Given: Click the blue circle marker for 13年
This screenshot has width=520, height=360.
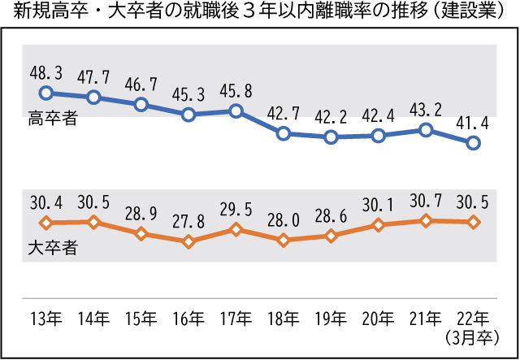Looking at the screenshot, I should (45, 93).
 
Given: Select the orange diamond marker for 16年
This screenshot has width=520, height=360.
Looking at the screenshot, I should (188, 241).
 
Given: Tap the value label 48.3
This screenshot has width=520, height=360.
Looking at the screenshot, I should (45, 72).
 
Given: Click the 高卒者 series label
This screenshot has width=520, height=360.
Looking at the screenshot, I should (53, 119).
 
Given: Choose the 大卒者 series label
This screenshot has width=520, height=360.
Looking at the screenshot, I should (53, 248).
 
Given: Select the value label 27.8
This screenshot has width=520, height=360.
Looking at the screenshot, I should (188, 219).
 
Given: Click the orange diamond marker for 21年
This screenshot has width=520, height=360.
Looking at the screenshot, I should (426, 220).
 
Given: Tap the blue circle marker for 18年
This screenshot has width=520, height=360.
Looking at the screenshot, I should (283, 133).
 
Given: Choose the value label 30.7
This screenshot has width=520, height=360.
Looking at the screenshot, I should (426, 200).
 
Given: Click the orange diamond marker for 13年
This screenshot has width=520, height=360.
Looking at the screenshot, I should (45, 222).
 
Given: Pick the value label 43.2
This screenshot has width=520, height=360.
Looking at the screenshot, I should (426, 109).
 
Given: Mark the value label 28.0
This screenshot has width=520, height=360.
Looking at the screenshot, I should (283, 219).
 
